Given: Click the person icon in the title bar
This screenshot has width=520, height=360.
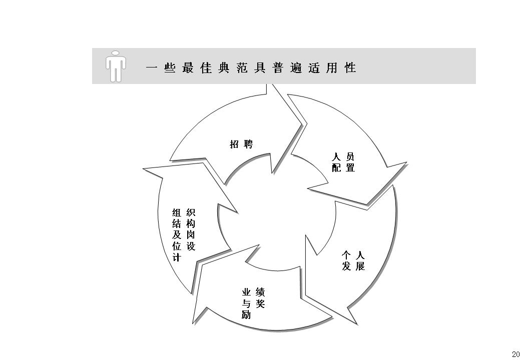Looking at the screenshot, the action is click(x=115, y=65).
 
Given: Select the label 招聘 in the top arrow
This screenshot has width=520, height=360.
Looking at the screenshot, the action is click(x=241, y=144).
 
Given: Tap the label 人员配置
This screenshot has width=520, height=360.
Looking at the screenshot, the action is click(x=343, y=162).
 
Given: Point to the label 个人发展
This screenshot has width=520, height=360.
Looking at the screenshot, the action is click(x=353, y=260).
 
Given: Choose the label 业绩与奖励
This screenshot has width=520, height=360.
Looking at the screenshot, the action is click(x=253, y=303).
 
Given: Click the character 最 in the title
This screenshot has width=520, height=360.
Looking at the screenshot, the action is click(x=188, y=68).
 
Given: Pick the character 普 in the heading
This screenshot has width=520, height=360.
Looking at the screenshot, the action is click(x=278, y=68).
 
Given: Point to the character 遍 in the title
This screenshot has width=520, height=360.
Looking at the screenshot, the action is click(x=296, y=68).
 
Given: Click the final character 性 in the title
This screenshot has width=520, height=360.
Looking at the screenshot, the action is click(x=350, y=68).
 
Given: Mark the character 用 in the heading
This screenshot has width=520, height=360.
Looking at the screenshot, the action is click(x=332, y=68).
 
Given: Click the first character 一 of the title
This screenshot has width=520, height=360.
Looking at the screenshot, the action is click(x=152, y=68).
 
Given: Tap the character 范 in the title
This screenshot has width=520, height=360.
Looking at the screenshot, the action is click(x=242, y=68).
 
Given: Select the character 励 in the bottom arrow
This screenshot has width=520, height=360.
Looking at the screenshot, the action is click(x=246, y=315).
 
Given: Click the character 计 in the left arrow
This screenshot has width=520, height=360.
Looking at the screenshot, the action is click(x=177, y=257).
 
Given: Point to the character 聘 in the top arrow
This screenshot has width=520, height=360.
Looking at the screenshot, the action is click(x=248, y=144).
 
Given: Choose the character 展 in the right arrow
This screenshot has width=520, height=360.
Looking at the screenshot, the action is click(x=360, y=266).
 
